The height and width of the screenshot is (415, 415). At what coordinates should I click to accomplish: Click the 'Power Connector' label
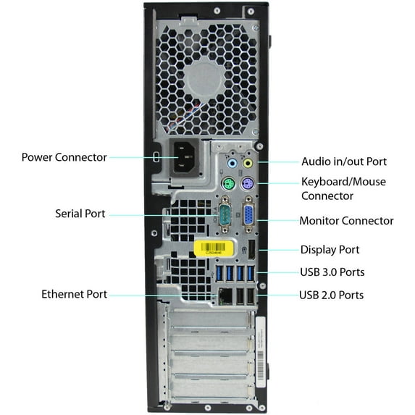click(x=64, y=157)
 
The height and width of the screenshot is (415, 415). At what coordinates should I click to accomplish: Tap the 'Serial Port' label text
click(x=80, y=214)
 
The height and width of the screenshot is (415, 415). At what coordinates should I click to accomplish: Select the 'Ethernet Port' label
click(x=74, y=294)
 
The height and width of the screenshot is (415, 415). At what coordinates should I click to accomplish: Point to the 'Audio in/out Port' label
click(x=344, y=162)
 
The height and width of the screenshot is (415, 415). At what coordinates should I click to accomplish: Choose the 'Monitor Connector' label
click(x=347, y=220)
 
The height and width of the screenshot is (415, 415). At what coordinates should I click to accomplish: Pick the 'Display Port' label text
click(x=330, y=250)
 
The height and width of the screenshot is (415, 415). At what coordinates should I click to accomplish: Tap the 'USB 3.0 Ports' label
click(x=332, y=272)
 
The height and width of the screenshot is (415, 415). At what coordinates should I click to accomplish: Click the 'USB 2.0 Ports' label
click(x=332, y=295)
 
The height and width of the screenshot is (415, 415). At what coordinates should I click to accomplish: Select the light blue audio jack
click(x=231, y=164)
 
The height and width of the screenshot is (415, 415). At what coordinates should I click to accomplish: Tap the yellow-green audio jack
click(x=248, y=164)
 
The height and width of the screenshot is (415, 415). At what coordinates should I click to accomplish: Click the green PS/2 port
click(x=227, y=184)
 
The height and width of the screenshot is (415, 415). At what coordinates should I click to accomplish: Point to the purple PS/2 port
click(x=246, y=184)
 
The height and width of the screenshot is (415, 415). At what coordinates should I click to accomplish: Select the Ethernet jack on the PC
click(x=226, y=295)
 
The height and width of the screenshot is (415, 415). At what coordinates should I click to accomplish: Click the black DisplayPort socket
click(x=251, y=250)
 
